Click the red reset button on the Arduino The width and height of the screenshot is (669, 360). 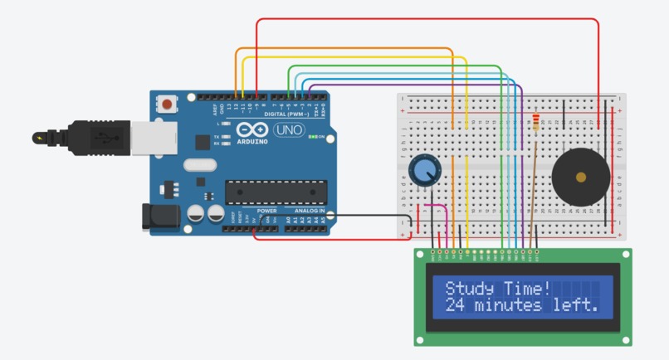coord(169,105)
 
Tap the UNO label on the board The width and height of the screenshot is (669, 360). coord(288,130)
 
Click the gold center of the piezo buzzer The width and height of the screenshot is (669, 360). coord(581,176)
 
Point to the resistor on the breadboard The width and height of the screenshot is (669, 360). coord(537,123)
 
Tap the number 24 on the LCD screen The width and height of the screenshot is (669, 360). coord(456,305)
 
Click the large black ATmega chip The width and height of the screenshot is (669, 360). coord(275,192)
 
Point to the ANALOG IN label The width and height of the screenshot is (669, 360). coord(307,211)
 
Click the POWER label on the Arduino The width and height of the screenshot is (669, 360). coord(266,211)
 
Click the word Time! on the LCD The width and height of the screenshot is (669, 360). coord(526,289)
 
